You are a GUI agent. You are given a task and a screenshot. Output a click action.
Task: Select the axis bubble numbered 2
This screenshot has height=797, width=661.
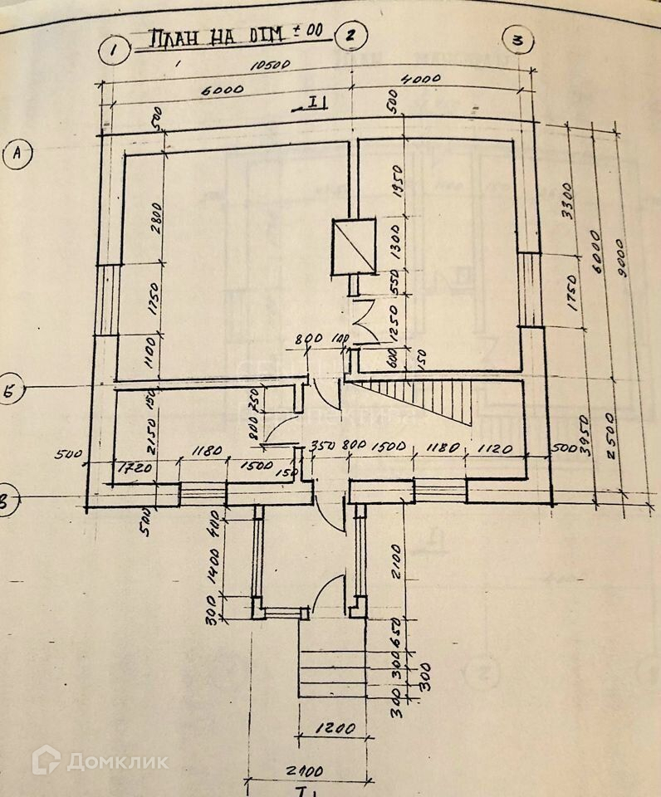pos(350,36)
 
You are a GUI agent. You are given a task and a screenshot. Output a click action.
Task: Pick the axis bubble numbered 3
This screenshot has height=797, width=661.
pos(519,39)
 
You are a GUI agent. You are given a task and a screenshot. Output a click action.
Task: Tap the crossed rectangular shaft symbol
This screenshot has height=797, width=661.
pos(355,247)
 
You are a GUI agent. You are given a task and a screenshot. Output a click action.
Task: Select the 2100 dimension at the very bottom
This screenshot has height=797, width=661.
pos(310,770)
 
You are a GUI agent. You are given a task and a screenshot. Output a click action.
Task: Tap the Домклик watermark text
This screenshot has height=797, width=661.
pos(118,760)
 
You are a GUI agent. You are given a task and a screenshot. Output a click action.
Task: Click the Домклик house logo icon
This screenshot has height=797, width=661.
pos(46,760)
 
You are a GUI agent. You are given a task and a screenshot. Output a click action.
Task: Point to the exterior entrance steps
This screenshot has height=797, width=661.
pos(330,661)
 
